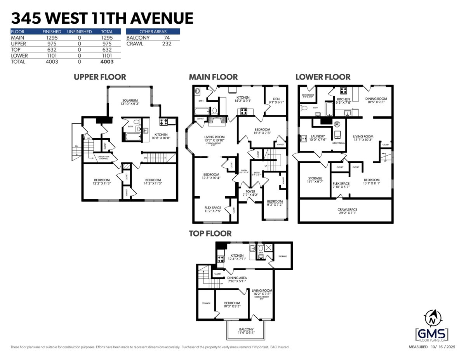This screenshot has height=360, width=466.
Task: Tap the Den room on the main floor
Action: (x=276, y=99)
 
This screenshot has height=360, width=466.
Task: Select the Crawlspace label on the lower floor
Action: (x=347, y=210)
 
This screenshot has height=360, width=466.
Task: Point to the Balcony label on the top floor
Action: (x=246, y=330)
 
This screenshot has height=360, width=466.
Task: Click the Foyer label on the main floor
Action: (x=250, y=191)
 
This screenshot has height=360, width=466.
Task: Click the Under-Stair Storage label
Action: (x=103, y=157)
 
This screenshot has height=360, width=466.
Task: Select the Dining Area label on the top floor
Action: (x=237, y=278)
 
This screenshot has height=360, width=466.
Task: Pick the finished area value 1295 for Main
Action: (x=52, y=38)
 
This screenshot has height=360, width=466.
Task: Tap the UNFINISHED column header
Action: (x=79, y=31)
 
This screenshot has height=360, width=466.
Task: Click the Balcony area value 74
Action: (x=167, y=38)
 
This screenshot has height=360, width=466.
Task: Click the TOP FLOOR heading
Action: (x=210, y=233)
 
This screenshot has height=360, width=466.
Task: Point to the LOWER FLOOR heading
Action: (x=323, y=77)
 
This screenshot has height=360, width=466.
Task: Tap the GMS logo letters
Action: (x=431, y=334)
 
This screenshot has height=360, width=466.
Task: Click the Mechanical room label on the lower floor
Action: (x=339, y=143)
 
